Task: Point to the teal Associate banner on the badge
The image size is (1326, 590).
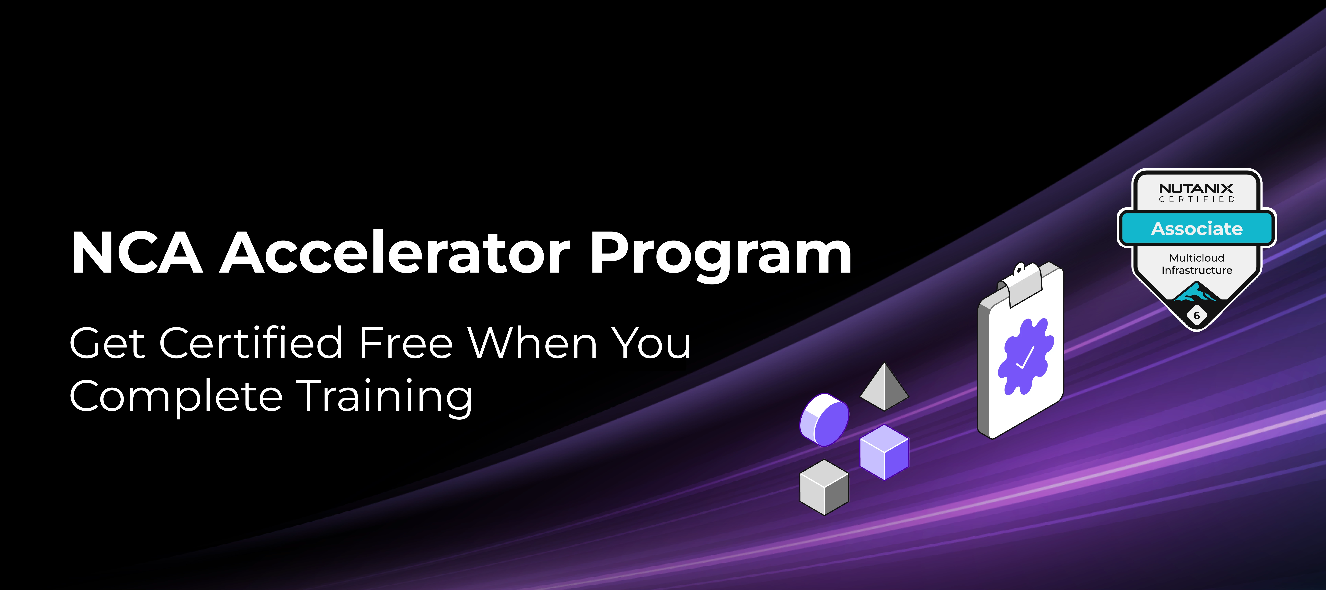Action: tap(1196, 228)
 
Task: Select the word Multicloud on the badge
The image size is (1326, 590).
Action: tap(1196, 258)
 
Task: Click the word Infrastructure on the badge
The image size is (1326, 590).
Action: tap(1196, 270)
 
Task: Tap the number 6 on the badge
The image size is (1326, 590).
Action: tap(1196, 315)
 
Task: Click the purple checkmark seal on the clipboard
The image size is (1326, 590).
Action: tap(1025, 357)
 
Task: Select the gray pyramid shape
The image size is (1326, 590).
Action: tap(884, 387)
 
